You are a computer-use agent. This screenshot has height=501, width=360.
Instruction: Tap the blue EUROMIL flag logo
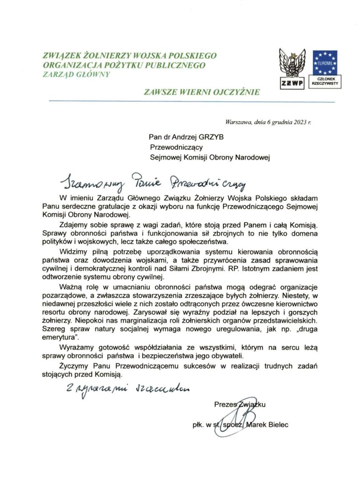(325, 62)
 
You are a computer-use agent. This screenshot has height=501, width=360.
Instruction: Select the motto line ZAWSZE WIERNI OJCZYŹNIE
(202, 91)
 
